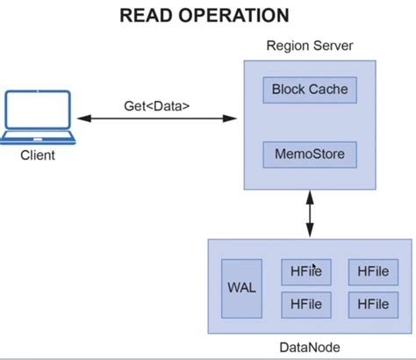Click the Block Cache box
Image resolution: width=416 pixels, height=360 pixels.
coord(310,89)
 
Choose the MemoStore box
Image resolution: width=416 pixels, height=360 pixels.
coord(310,155)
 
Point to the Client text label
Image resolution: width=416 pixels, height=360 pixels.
coord(37,155)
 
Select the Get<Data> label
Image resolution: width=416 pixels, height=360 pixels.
coord(156,106)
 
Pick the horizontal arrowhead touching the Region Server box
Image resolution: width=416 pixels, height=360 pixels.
coord(235,118)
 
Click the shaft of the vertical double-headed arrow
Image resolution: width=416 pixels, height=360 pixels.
coord(309,214)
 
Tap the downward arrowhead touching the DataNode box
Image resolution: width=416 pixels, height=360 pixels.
coord(309,233)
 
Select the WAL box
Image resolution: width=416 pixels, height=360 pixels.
coord(241,288)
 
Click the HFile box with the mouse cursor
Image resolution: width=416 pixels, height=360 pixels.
coord(306,272)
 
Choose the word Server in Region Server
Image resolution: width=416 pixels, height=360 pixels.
coord(333,45)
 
